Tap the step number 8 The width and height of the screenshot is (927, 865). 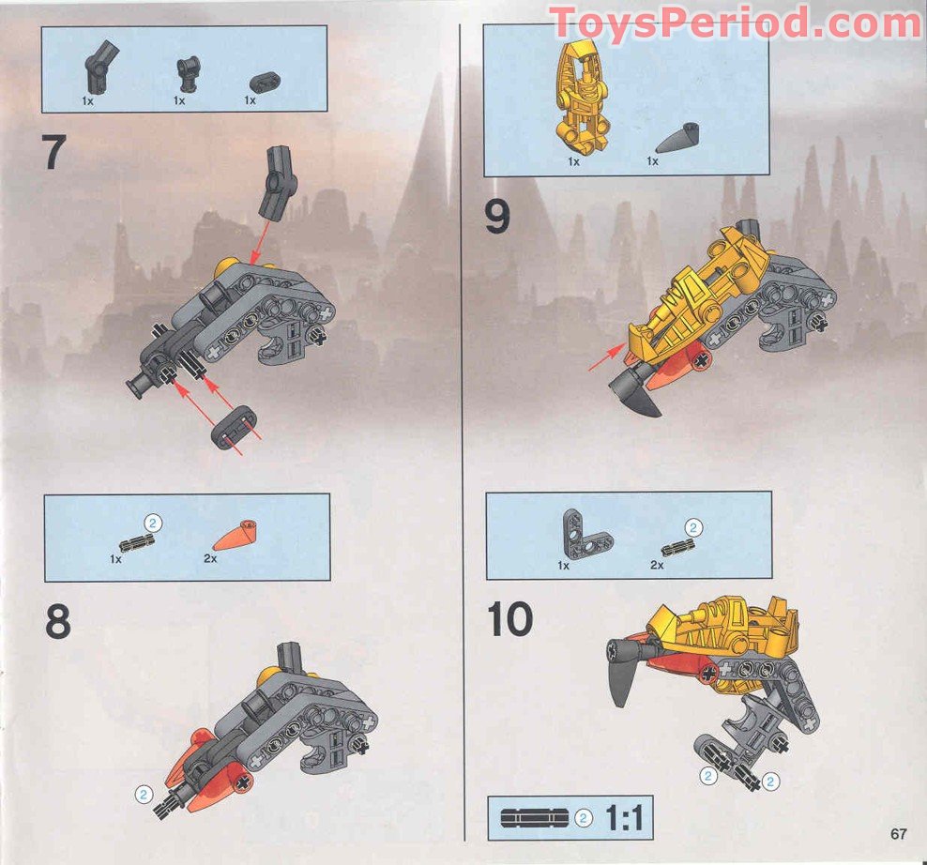(x=58, y=621)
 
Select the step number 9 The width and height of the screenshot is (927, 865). (x=497, y=218)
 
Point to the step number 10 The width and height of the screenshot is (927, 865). (x=510, y=619)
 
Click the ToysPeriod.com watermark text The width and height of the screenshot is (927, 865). (x=735, y=23)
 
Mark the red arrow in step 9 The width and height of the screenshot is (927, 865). (x=605, y=357)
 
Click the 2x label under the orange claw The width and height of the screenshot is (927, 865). (x=211, y=557)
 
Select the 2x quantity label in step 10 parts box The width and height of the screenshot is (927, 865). (x=657, y=566)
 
